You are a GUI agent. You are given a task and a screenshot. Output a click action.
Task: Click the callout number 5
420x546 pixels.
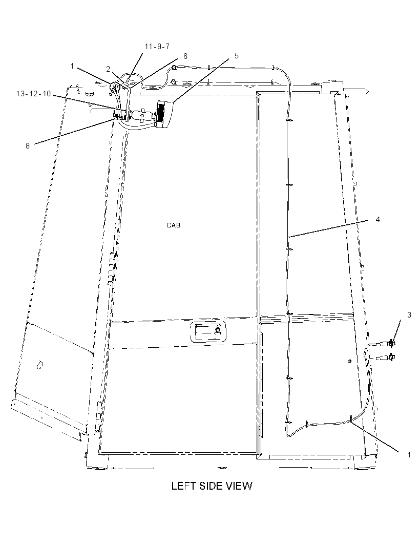coord(237,56)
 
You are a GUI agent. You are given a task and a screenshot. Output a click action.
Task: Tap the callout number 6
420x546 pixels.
coord(185,56)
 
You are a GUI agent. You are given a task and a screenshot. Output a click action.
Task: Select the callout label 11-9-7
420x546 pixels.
coord(157,47)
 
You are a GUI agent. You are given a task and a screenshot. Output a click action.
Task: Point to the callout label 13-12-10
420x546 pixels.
coord(33,94)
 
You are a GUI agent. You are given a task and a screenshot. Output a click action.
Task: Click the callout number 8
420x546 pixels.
coord(28,146)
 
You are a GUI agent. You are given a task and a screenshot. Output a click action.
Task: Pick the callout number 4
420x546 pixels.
coord(378,220)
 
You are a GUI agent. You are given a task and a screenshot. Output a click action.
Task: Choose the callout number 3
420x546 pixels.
coord(409,315)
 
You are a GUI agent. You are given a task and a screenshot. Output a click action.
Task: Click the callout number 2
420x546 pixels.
coord(108,69)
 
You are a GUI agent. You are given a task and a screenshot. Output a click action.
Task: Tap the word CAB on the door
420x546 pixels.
coord(174,225)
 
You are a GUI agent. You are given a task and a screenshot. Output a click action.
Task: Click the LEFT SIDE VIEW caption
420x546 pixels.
coord(212,486)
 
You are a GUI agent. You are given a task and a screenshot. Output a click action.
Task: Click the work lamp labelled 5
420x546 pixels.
coord(165,114)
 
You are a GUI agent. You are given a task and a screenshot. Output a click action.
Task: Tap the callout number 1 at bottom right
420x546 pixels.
coord(409,455)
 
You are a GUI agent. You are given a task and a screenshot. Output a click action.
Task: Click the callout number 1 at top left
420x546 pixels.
coord(72,66)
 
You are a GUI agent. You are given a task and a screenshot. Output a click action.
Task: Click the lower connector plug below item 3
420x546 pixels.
coord(386,357)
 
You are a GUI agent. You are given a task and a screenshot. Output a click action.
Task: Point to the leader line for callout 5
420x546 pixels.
coord(201,80)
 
